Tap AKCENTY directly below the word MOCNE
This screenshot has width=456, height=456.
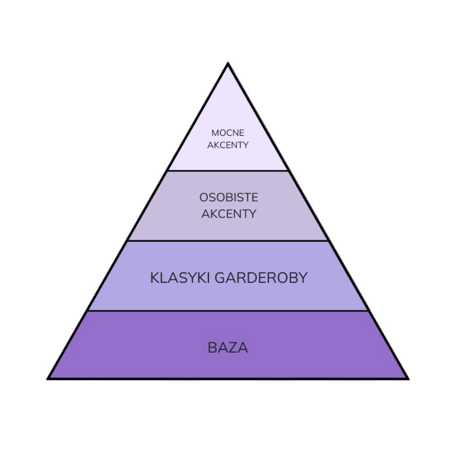point(228,145)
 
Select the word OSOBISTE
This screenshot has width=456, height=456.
point(228,198)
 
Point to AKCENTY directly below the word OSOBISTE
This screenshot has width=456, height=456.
point(228,214)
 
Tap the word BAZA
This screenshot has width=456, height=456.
point(228,348)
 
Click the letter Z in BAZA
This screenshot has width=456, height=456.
point(233,348)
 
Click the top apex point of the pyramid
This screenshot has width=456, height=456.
point(228,63)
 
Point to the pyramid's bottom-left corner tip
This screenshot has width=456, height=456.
point(49,377)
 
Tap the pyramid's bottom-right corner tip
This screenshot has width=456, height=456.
point(407,377)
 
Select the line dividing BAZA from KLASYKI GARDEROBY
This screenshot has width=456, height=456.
point(228,310)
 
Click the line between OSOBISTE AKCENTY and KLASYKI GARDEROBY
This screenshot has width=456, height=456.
point(228,241)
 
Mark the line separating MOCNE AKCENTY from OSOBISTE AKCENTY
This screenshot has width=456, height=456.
point(228,171)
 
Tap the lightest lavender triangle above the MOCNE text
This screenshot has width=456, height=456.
point(228,101)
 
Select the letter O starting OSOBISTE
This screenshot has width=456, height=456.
point(203,198)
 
